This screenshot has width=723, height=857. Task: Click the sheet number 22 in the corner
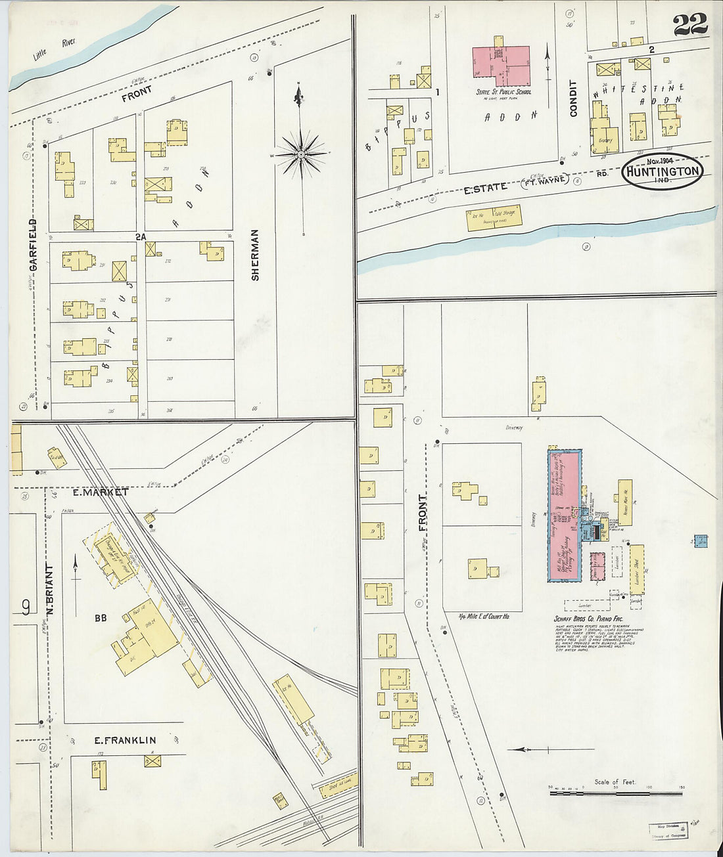tap(689, 24)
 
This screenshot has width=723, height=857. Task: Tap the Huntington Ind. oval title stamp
tap(662, 171)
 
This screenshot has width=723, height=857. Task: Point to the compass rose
tap(300, 154)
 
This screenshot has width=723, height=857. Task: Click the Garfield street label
tap(33, 246)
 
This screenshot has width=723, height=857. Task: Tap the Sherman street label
tap(255, 255)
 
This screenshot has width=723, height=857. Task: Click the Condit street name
tap(573, 99)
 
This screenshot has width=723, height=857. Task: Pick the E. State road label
tap(486, 188)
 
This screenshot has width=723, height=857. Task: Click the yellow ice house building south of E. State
tap(494, 217)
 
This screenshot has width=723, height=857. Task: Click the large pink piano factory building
tap(563, 515)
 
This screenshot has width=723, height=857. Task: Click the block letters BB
tap(101, 618)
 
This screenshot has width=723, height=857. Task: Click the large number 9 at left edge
tap(26, 607)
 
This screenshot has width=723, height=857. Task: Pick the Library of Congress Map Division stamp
tap(669, 831)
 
